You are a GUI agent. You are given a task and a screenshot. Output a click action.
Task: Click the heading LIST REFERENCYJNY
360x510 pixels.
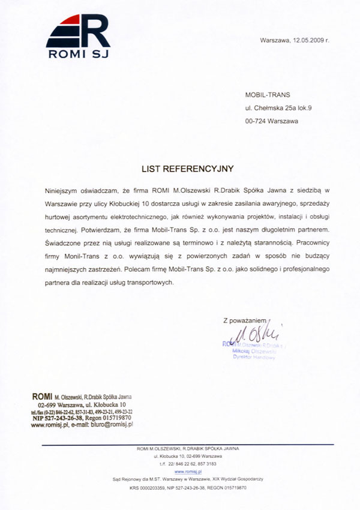187,169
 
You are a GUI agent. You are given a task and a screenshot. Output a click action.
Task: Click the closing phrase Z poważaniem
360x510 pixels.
244,322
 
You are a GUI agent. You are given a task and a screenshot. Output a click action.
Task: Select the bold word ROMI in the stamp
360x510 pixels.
40,397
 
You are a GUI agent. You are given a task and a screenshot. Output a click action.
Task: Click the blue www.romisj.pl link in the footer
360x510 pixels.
187,472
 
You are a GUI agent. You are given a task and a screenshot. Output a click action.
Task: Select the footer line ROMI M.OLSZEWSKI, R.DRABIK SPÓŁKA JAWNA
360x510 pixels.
188,449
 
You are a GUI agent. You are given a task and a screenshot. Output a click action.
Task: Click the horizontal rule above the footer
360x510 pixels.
187,444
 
